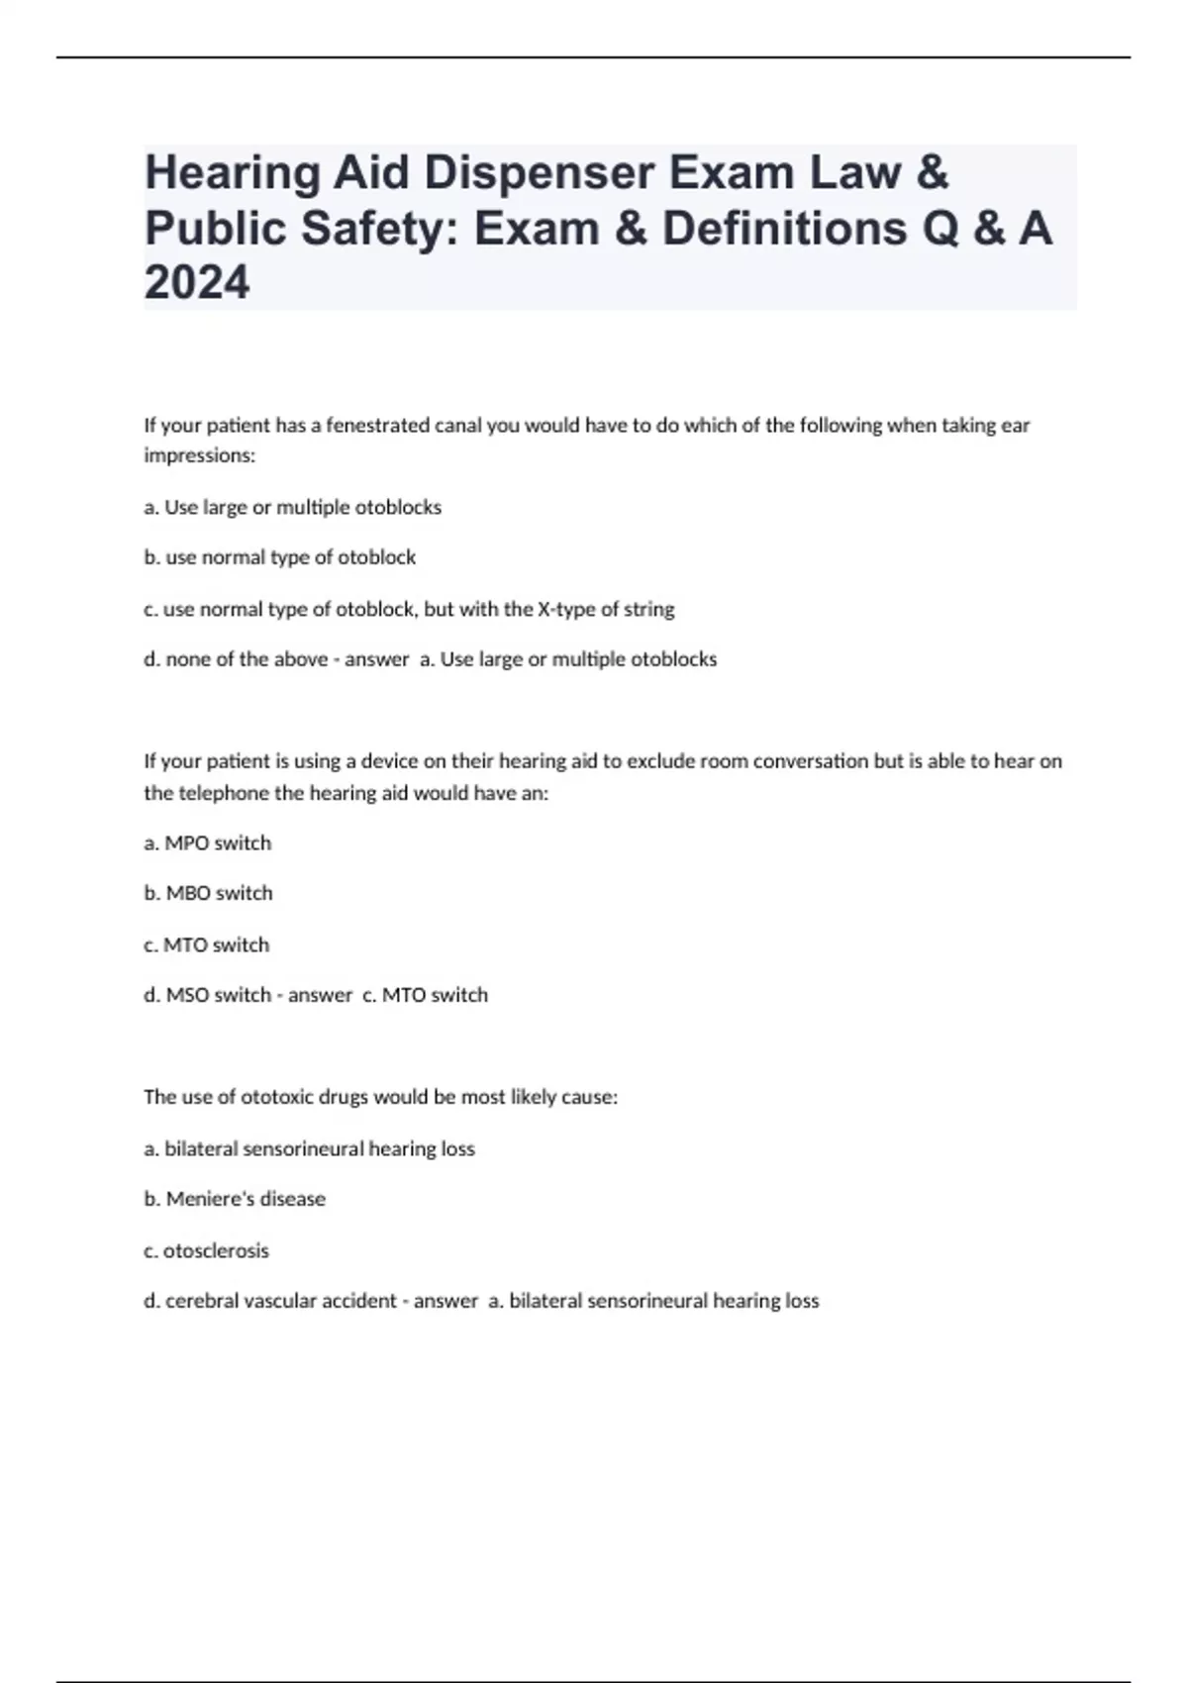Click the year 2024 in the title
point(197,283)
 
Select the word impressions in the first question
point(199,455)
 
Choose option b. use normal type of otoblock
point(280,557)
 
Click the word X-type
point(566,609)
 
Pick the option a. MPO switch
point(208,843)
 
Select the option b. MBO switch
point(209,893)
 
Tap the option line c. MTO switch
point(207,945)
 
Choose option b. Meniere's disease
point(235,1199)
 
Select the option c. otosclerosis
point(207,1251)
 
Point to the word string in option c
point(648,609)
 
